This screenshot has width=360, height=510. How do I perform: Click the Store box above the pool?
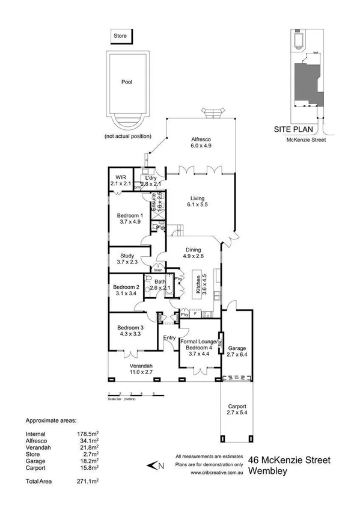pyautogui.click(x=120, y=37)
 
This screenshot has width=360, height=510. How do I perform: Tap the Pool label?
pyautogui.click(x=126, y=82)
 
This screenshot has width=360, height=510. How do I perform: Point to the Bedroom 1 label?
pyautogui.click(x=130, y=218)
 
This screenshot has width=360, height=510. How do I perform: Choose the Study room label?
pyautogui.click(x=127, y=259)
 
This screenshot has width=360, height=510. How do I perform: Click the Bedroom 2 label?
pyautogui.click(x=126, y=291)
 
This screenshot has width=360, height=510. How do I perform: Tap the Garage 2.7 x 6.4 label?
pyautogui.click(x=236, y=352)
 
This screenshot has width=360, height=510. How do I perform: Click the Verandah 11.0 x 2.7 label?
pyautogui.click(x=142, y=369)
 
